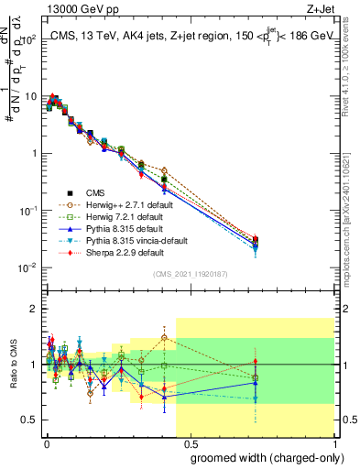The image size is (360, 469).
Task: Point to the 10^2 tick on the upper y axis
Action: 28,40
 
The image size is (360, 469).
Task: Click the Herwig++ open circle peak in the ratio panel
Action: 164,338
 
